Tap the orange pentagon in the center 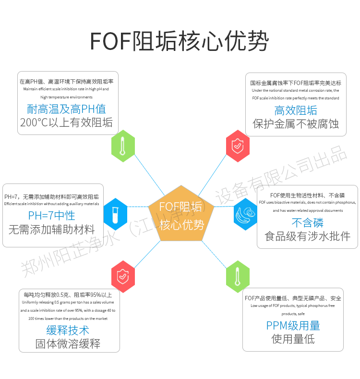181,215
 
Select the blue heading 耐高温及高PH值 67,109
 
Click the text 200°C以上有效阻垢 67,122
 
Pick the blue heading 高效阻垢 296,110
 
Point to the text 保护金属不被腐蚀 296,123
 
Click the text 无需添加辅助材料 51,229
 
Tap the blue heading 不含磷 308,222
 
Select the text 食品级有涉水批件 308,236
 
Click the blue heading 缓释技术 68,330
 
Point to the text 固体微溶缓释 68,344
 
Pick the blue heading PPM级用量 293,326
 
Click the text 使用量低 293,339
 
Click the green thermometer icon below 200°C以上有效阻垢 123,146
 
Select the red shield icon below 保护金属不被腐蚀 238,146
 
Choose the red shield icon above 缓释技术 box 123,276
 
